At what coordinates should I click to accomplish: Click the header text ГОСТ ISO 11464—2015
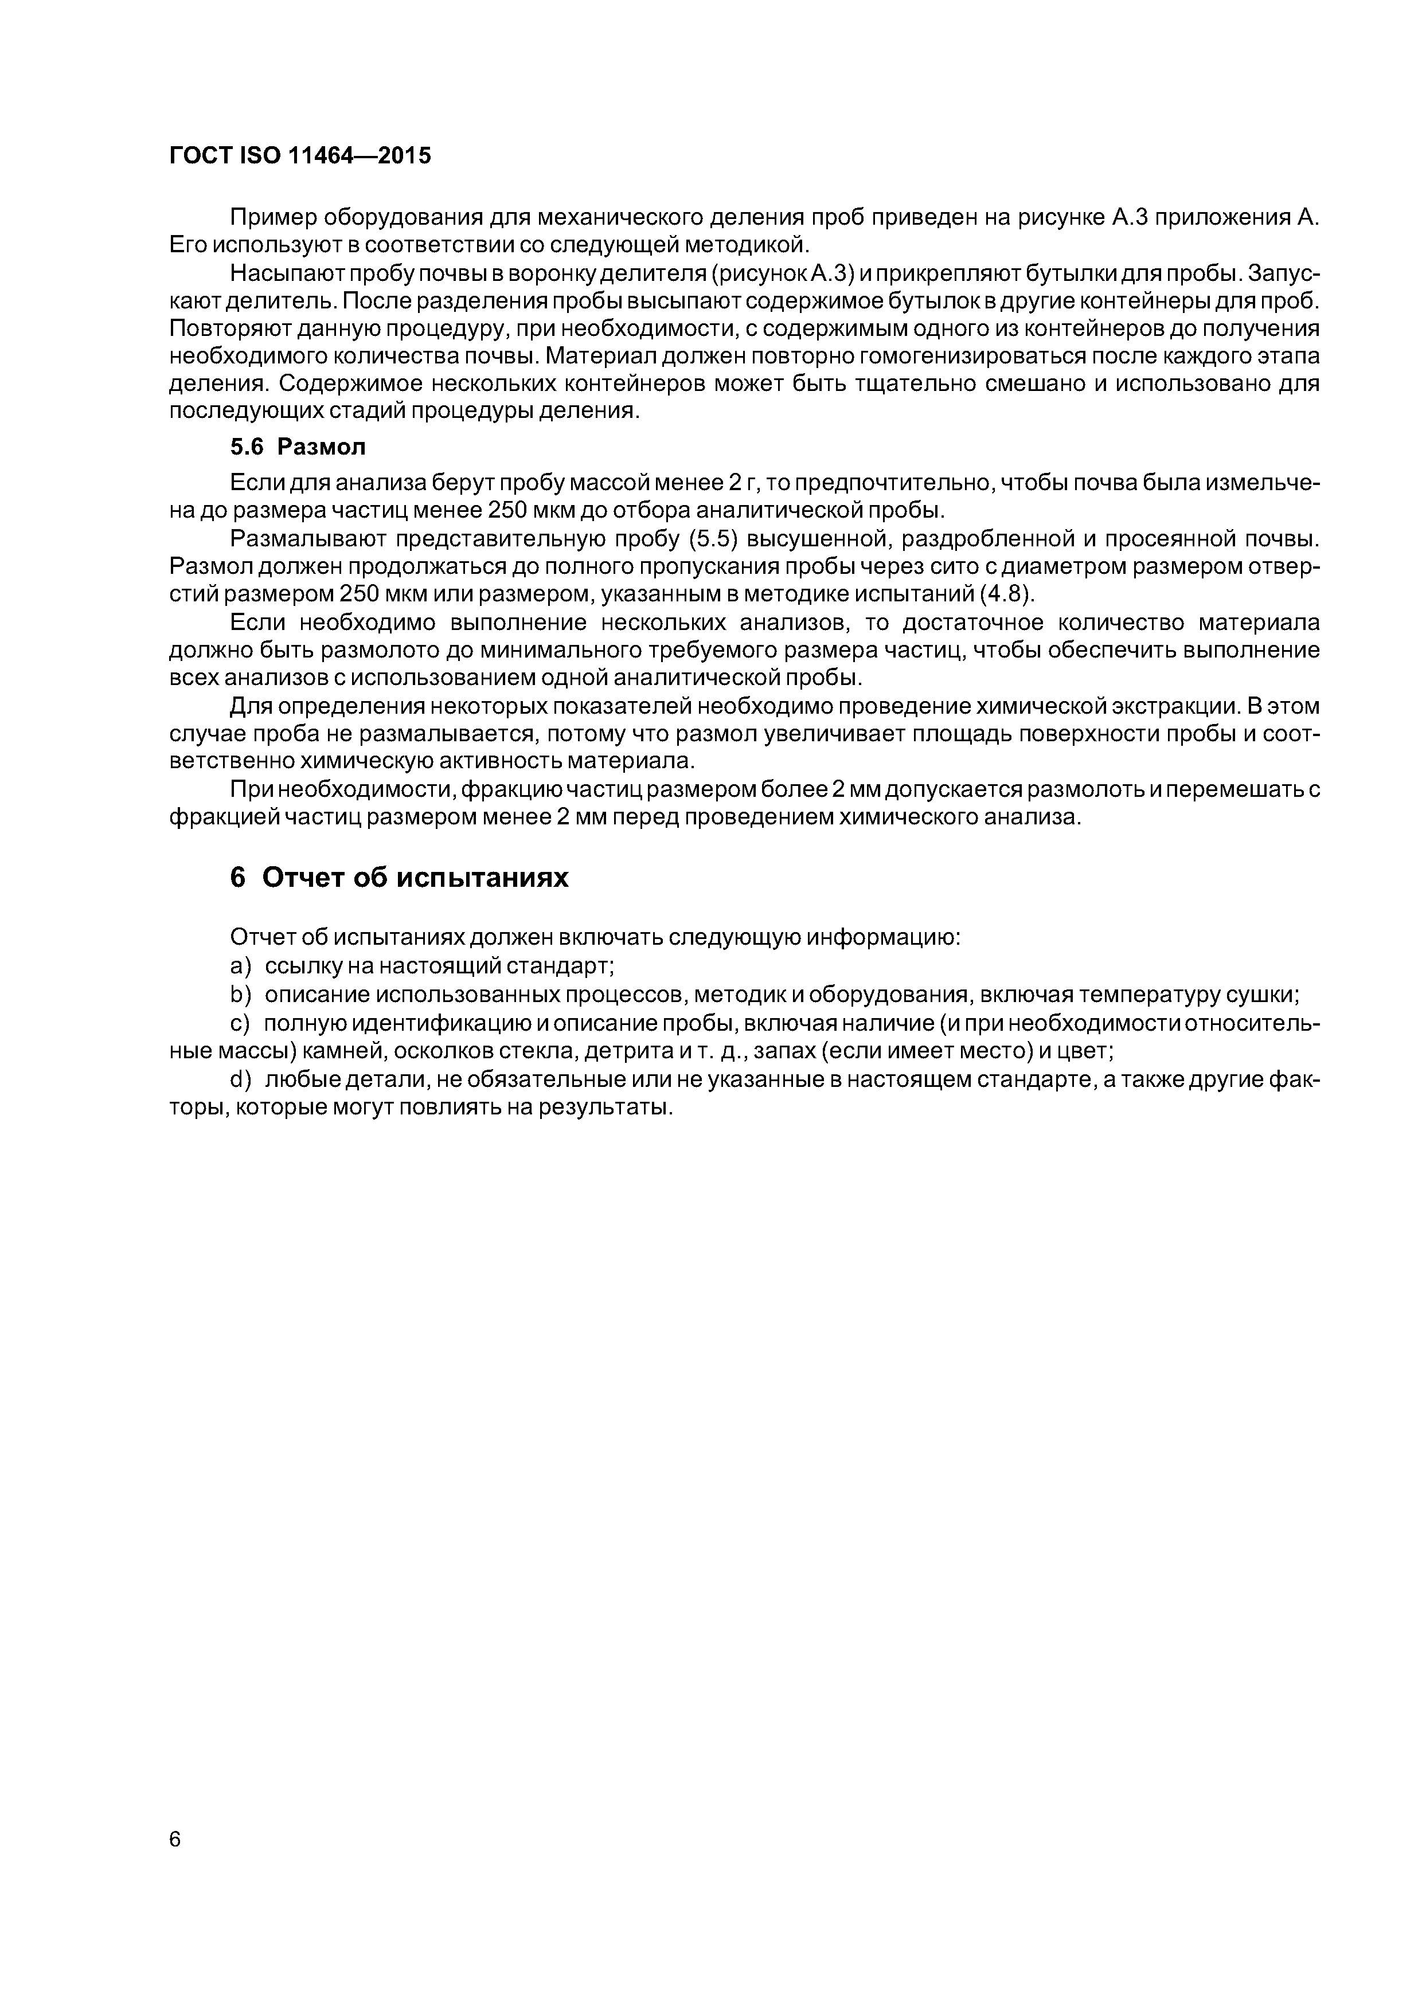[300, 156]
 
